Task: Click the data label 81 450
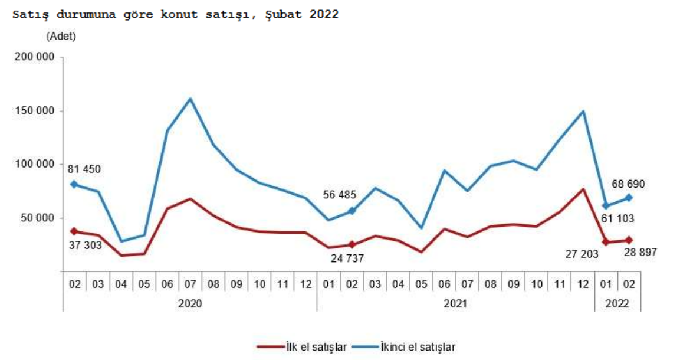coord(85,169)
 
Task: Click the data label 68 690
coord(628,184)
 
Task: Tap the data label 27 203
coord(582,254)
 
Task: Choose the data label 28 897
coord(641,252)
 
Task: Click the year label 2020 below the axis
coord(189,304)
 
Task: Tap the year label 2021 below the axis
coord(455,304)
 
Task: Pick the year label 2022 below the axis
coord(617,304)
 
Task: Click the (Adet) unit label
coord(61,36)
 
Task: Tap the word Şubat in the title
coord(284,14)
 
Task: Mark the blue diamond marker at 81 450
coord(74,184)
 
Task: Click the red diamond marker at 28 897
coord(629,240)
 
